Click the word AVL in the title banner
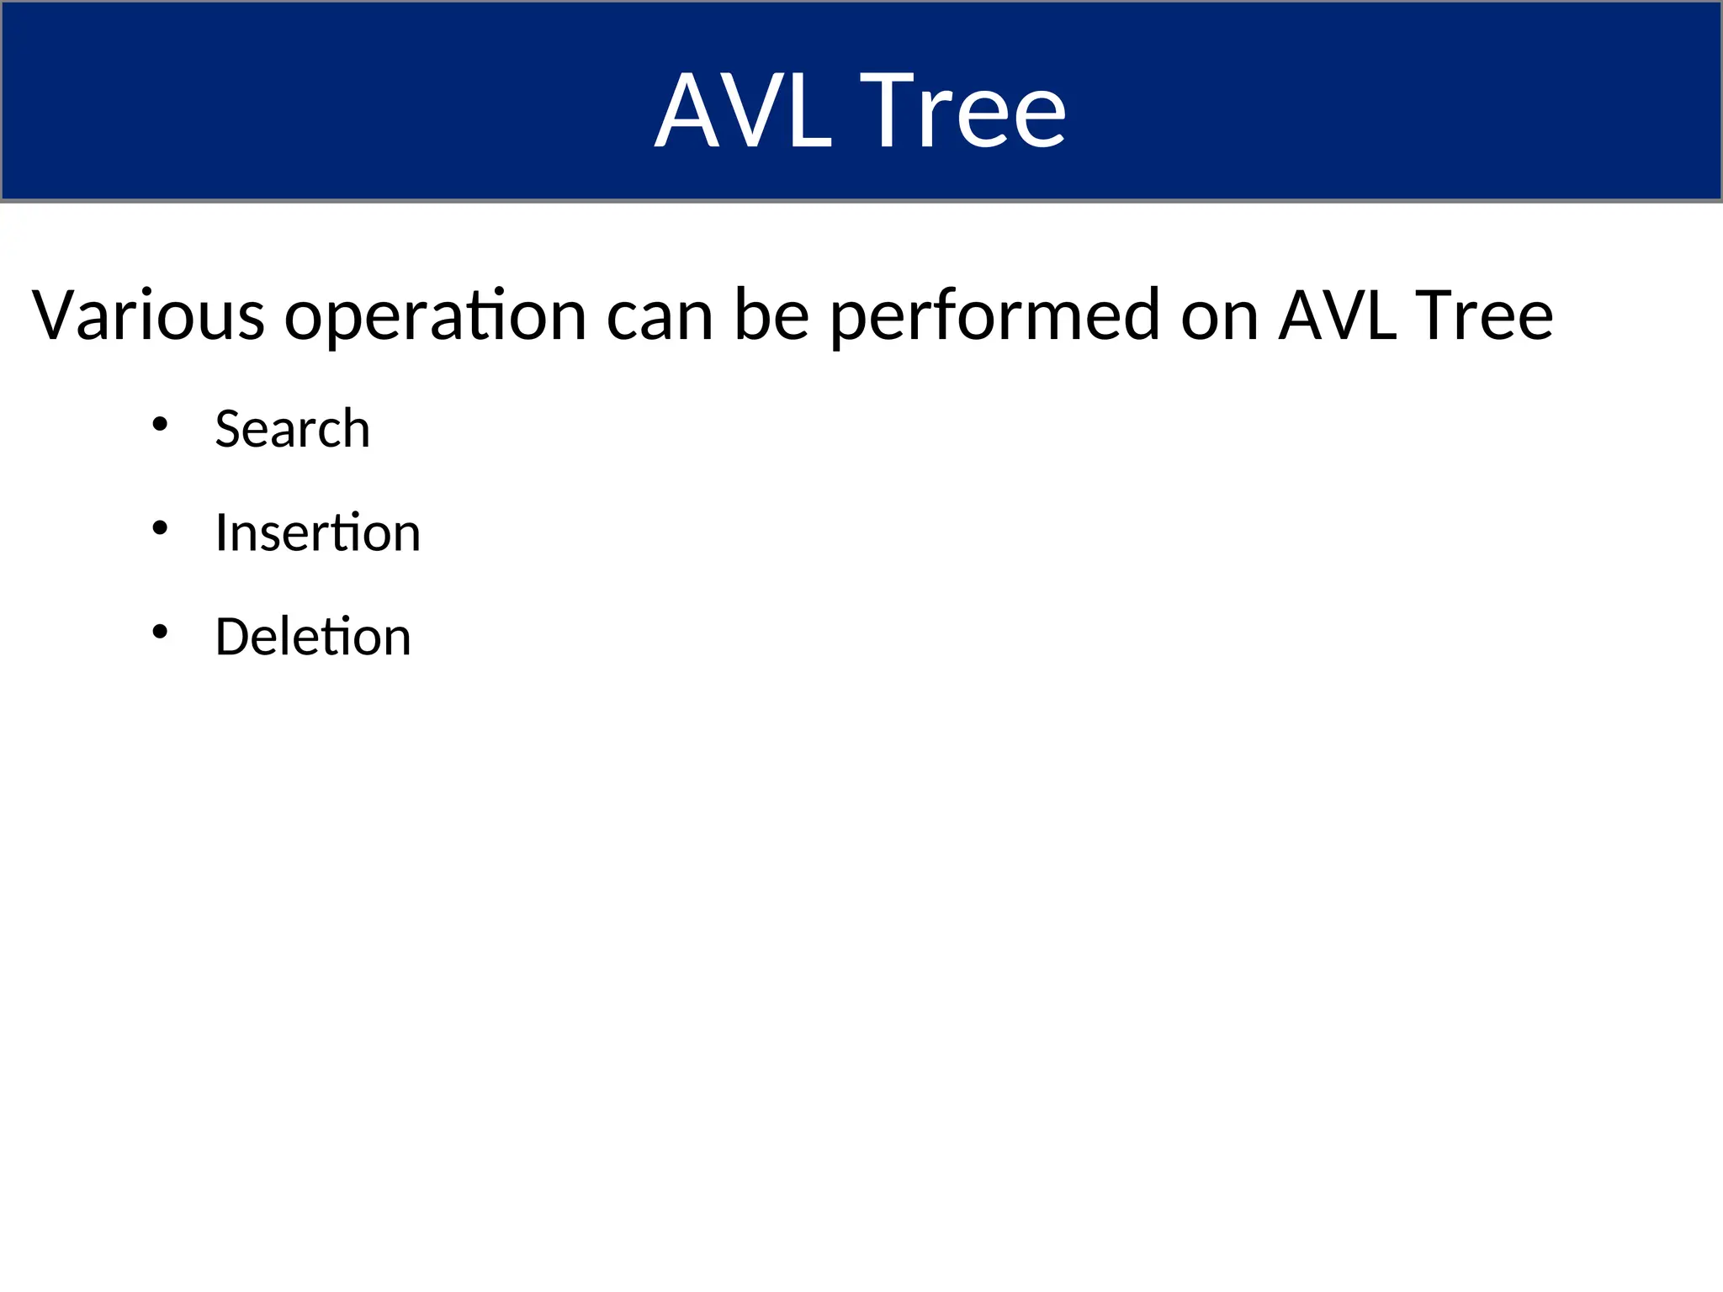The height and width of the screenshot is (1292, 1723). pos(744,110)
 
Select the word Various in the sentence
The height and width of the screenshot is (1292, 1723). pos(148,315)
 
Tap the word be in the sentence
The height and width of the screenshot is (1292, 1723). pos(771,315)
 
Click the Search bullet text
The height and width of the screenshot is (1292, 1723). pos(292,428)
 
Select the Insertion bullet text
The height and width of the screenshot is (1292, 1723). pos(317,532)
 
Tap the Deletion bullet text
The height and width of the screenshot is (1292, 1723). pos(313,636)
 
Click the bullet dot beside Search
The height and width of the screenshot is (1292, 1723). pos(160,424)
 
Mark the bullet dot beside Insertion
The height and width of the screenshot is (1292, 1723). pos(160,528)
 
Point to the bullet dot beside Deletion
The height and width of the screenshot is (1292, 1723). pos(160,632)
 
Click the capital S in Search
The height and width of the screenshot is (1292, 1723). pos(230,428)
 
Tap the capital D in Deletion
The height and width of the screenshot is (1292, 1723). pos(233,636)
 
